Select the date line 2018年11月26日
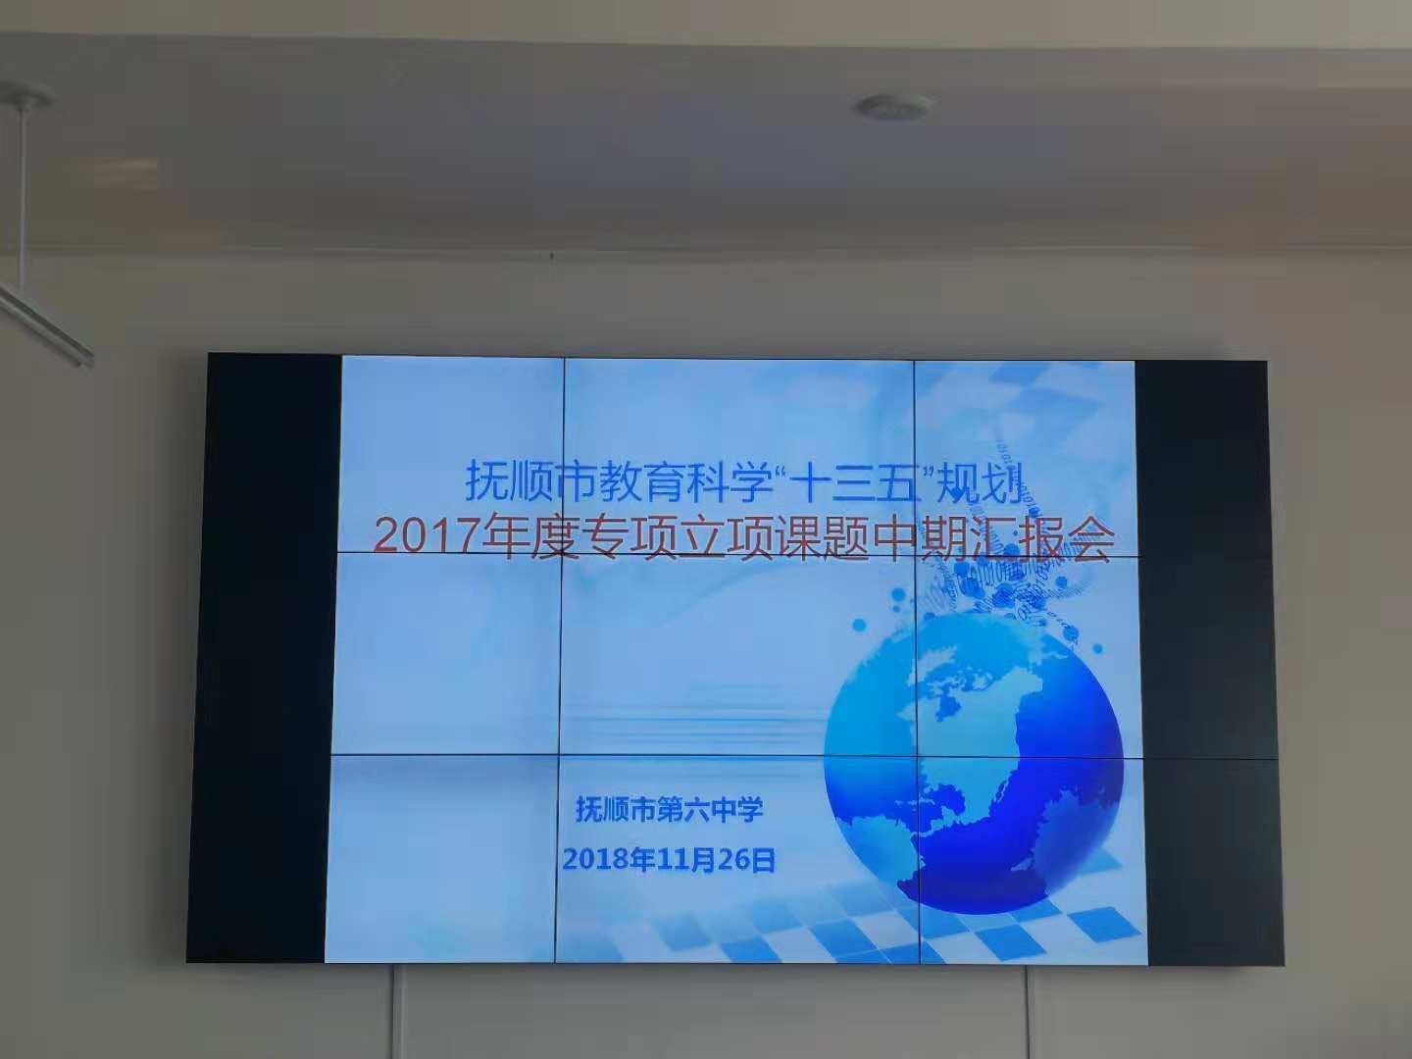[x=670, y=860]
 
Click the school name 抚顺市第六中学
[x=670, y=810]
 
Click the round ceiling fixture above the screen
[x=892, y=107]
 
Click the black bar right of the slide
[x=1208, y=662]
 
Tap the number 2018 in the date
[x=595, y=860]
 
